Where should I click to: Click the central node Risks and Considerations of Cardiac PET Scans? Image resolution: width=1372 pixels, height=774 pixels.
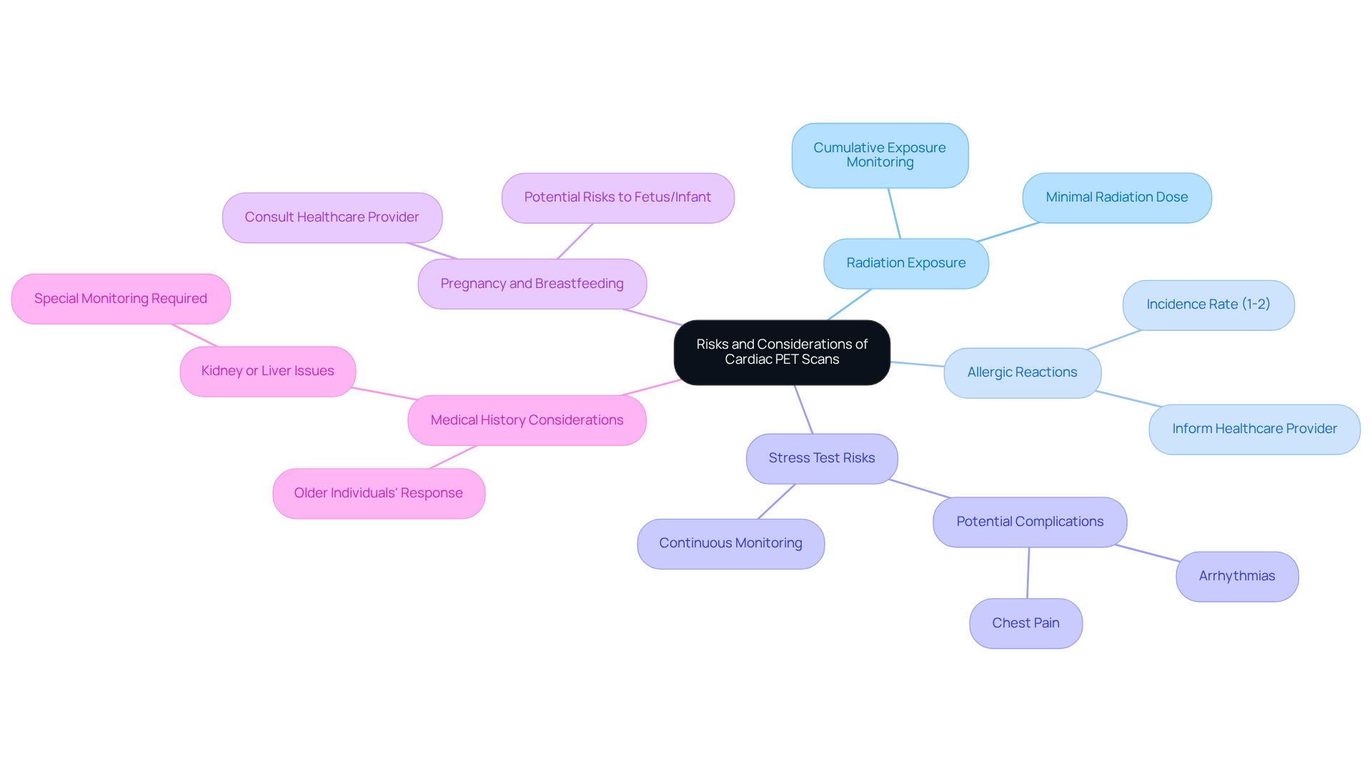coord(782,352)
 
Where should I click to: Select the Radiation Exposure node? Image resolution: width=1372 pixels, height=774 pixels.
coord(905,263)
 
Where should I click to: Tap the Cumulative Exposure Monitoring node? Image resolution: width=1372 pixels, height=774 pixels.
coord(880,155)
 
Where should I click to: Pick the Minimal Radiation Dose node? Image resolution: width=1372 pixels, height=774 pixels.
coord(1116,197)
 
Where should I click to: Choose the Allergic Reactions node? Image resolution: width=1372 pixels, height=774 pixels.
coord(1022,372)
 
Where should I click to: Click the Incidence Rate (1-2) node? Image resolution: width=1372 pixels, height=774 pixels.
coord(1208,304)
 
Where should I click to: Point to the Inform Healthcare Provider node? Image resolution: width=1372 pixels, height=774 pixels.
coord(1254,429)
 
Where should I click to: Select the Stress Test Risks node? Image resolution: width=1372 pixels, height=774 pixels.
coord(822,458)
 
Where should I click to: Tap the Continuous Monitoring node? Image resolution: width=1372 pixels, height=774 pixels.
coord(730,543)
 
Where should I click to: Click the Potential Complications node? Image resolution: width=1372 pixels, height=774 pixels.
coord(1030,522)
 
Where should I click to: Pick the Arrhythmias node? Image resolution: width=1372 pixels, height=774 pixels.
coord(1236,576)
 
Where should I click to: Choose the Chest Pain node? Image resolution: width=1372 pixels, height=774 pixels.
coord(1025,623)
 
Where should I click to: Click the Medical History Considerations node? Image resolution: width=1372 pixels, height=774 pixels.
coord(527,420)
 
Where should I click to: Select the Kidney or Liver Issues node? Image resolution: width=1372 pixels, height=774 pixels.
coord(267,371)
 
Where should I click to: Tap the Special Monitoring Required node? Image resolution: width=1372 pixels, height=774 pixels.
coord(121,299)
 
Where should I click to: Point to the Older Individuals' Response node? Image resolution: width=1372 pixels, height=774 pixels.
coord(378,493)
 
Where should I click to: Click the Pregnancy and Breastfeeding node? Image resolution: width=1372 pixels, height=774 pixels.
coord(532,284)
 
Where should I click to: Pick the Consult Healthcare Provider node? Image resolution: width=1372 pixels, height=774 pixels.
coord(332,217)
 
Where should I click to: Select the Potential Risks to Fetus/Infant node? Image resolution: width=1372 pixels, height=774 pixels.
coord(617,197)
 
